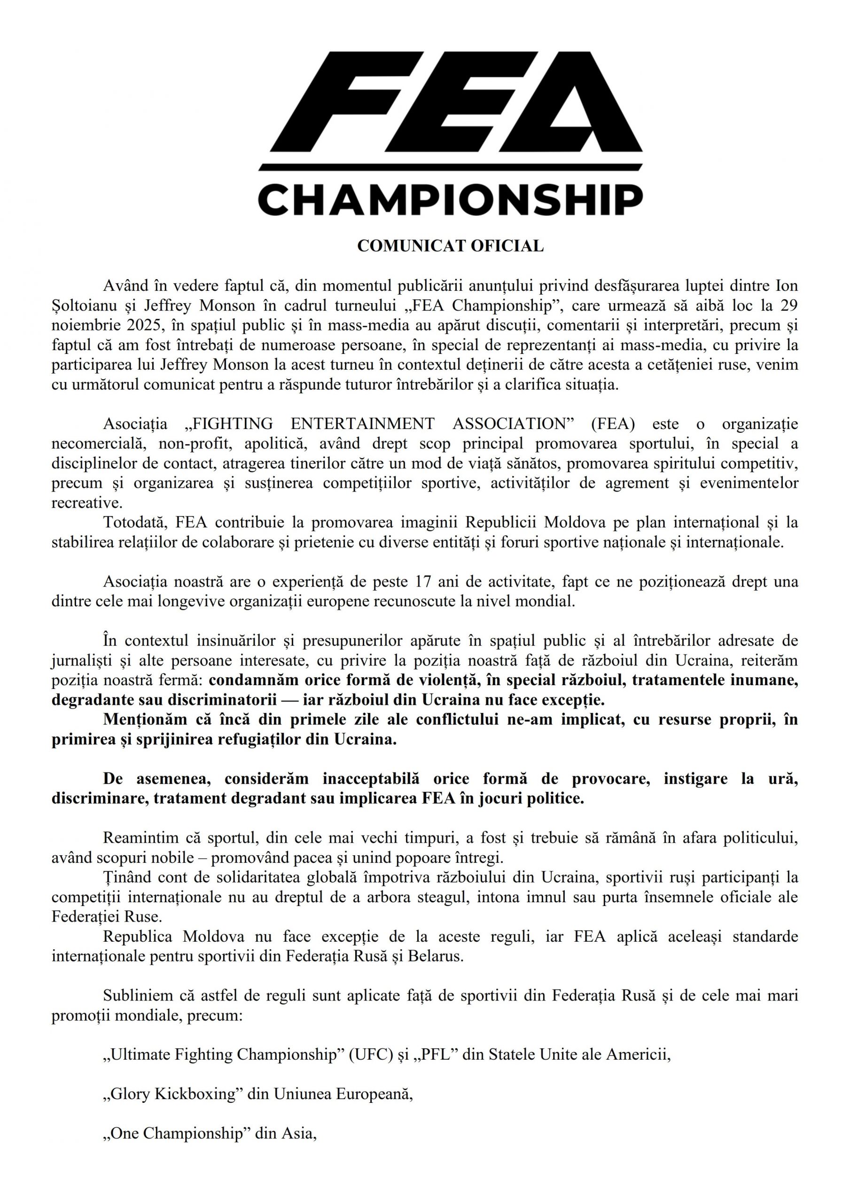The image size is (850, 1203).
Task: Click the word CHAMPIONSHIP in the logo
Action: pyautogui.click(x=451, y=199)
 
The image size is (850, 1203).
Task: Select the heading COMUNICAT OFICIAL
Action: pyautogui.click(x=450, y=246)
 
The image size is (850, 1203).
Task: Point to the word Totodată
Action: pyautogui.click(x=133, y=523)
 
